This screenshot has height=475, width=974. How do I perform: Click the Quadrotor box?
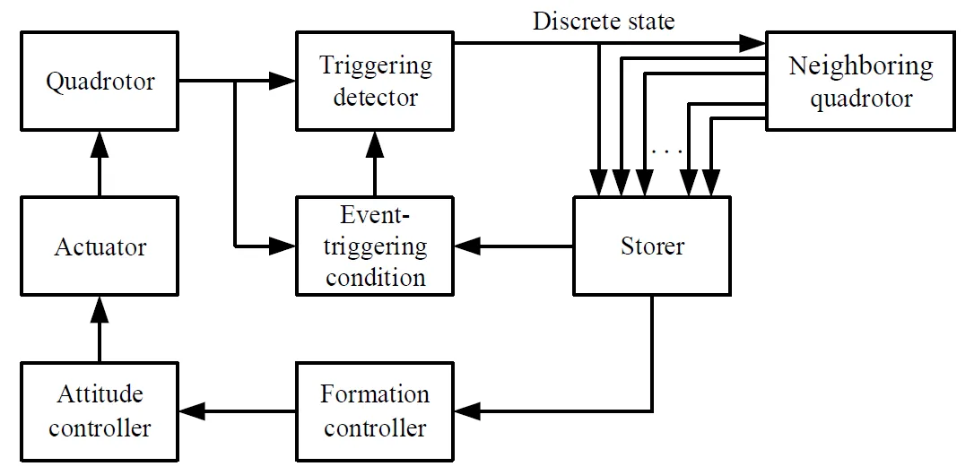pyautogui.click(x=100, y=82)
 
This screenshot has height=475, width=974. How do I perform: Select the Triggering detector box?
pyautogui.click(x=375, y=81)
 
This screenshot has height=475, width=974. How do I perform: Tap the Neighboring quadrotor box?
pyautogui.click(x=860, y=82)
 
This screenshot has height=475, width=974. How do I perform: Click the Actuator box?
pyautogui.click(x=100, y=246)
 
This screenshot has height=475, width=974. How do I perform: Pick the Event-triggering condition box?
pyautogui.click(x=375, y=246)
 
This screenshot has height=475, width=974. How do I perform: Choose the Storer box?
pyautogui.click(x=652, y=246)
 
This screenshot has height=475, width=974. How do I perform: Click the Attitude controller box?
pyautogui.click(x=100, y=410)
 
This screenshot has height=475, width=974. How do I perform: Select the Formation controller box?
pyautogui.click(x=375, y=410)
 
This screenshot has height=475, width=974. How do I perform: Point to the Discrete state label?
pyautogui.click(x=604, y=21)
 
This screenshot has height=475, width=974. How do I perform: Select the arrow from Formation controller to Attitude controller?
pyautogui.click(x=237, y=411)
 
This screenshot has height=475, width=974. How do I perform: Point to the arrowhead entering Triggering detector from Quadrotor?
pyautogui.click(x=285, y=82)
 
